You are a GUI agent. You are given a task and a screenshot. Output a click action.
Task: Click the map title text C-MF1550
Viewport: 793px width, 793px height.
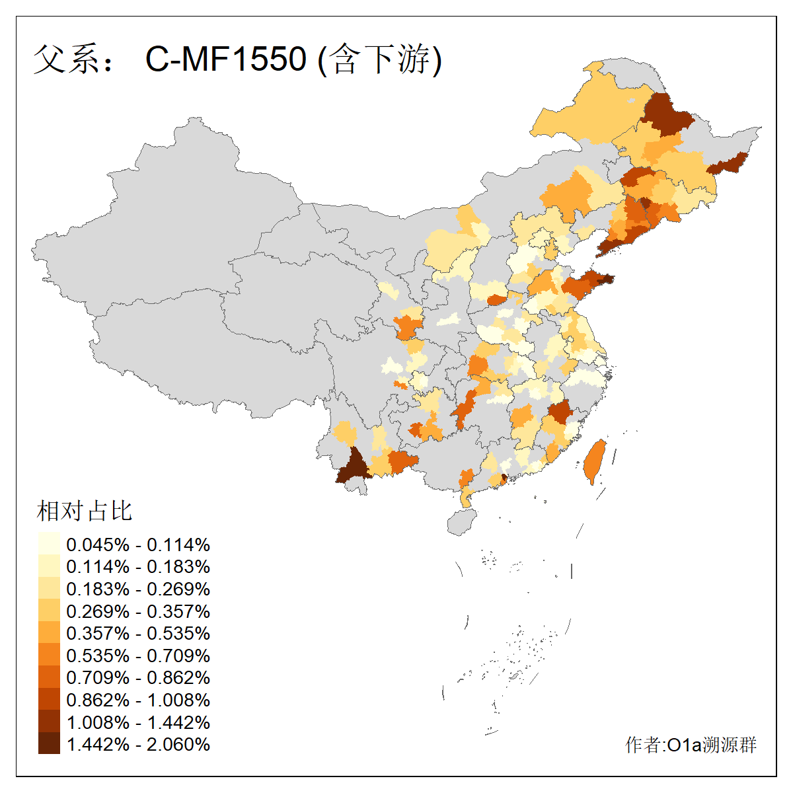pyautogui.click(x=226, y=59)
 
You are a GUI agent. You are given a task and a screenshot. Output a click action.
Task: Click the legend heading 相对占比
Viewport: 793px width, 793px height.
pyautogui.click(x=85, y=511)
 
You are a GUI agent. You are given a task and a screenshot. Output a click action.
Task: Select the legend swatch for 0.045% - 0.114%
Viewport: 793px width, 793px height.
pyautogui.click(x=49, y=544)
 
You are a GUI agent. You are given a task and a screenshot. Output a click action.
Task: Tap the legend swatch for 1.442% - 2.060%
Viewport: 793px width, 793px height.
pyautogui.click(x=49, y=743)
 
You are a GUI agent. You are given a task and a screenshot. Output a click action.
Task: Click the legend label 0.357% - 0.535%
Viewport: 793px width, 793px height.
pyautogui.click(x=138, y=633)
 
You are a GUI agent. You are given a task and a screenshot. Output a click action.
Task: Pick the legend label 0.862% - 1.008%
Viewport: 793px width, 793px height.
pyautogui.click(x=138, y=700)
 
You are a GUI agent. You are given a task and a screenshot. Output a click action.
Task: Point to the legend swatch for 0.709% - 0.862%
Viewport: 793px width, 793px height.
pyautogui.click(x=49, y=677)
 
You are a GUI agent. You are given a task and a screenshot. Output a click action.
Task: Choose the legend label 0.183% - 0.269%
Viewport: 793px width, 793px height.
pyautogui.click(x=138, y=589)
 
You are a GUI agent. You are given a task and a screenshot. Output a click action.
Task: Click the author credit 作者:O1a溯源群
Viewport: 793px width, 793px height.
pyautogui.click(x=691, y=745)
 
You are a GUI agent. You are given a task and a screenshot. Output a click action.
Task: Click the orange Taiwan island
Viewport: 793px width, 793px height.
pyautogui.click(x=595, y=461)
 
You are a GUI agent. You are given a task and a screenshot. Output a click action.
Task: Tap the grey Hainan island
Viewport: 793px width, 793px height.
pyautogui.click(x=463, y=522)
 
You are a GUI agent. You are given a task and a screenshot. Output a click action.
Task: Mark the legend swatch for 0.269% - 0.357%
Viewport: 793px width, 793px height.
pyautogui.click(x=49, y=611)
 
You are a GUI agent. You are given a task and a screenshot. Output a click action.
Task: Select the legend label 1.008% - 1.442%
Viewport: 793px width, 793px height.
pyautogui.click(x=138, y=722)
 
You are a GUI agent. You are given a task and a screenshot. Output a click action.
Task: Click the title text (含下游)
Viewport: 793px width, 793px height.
pyautogui.click(x=379, y=59)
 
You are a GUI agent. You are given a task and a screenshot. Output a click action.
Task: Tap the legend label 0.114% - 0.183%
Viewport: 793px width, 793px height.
pyautogui.click(x=138, y=566)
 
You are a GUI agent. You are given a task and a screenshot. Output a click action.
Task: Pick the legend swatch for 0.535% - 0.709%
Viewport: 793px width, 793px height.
pyautogui.click(x=49, y=655)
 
